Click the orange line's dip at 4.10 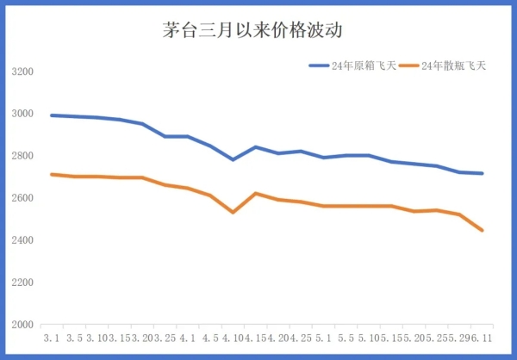[x=233, y=212]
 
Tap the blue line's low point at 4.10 [x=233, y=159]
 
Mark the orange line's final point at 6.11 [x=482, y=231]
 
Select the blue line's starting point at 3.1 [x=52, y=115]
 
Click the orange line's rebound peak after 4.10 [x=255, y=193]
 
